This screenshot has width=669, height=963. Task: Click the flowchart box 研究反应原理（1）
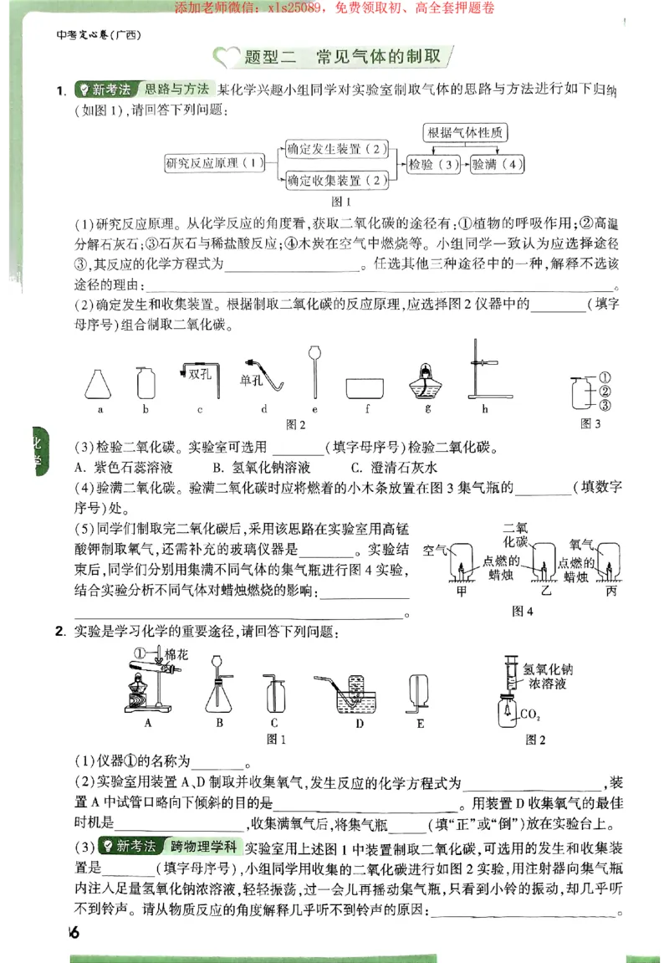[x=215, y=163]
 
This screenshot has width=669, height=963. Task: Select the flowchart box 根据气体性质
[x=467, y=132]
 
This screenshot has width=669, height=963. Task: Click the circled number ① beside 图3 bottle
[x=605, y=376]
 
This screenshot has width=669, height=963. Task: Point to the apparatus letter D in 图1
[x=359, y=724]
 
